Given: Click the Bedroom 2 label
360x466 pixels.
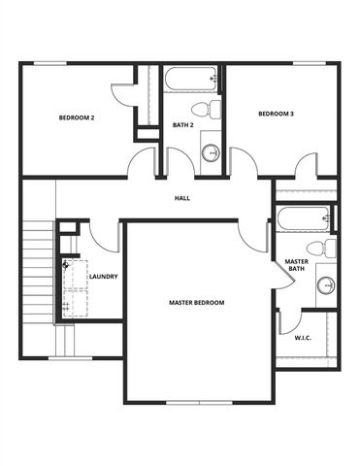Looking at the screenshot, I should (x=76, y=117).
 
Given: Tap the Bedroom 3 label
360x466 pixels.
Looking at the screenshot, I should (x=276, y=115).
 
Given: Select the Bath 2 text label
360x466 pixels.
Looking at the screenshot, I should (x=183, y=125).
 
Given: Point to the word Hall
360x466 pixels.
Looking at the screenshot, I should (x=181, y=198).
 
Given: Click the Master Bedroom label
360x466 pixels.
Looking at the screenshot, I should (x=196, y=303).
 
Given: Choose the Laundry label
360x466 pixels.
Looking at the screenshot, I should (x=103, y=277).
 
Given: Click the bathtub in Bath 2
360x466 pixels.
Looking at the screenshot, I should (x=190, y=79).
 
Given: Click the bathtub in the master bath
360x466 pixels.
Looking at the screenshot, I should (x=304, y=218).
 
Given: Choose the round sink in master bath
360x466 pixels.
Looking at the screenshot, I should (x=326, y=285).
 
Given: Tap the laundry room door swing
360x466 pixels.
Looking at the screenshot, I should (x=105, y=236).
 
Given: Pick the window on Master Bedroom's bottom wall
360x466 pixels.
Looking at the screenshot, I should (x=197, y=403).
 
